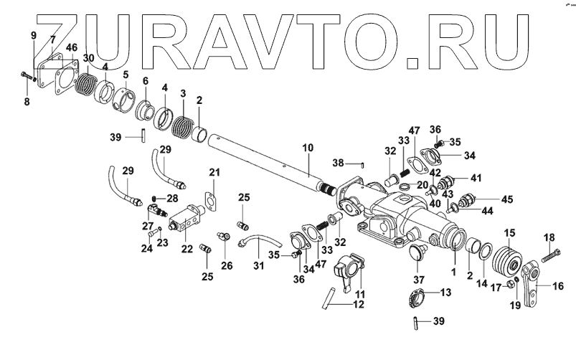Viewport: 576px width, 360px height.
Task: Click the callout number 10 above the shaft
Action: pyautogui.click(x=307, y=148)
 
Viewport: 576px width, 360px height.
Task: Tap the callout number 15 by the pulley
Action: pyautogui.click(x=510, y=232)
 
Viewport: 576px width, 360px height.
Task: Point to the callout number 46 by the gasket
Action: pyautogui.click(x=72, y=47)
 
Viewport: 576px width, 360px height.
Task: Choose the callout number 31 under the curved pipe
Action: pyautogui.click(x=258, y=266)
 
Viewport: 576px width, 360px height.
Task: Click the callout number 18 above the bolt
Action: pyautogui.click(x=549, y=237)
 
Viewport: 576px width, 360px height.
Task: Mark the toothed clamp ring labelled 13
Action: pyautogui.click(x=418, y=296)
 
